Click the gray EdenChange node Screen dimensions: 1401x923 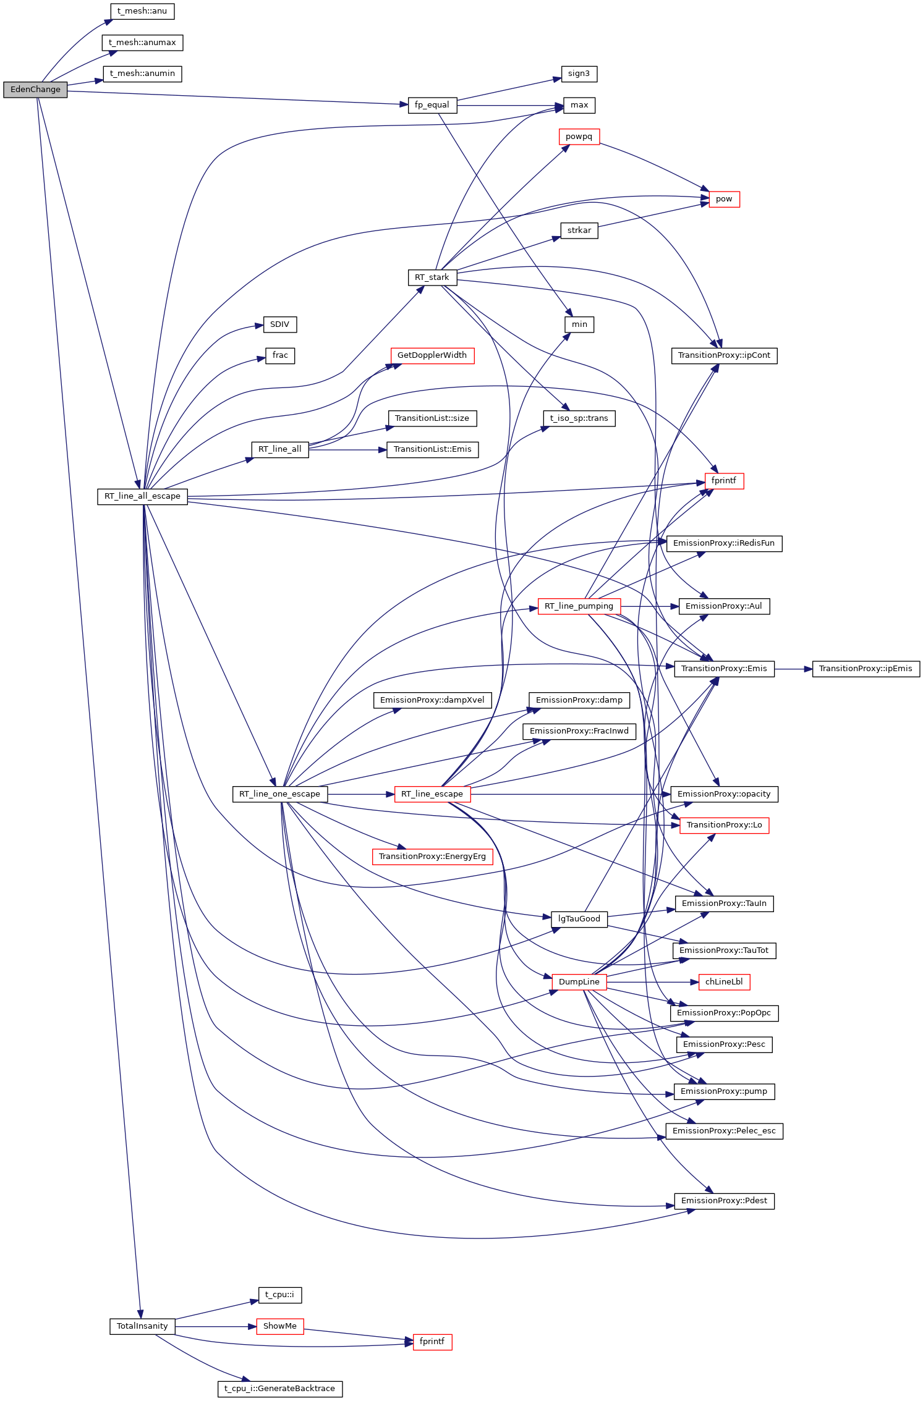click(x=35, y=90)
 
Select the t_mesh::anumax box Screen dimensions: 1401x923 click(x=142, y=43)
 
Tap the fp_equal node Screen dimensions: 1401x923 click(x=432, y=105)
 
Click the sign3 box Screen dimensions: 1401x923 click(x=579, y=74)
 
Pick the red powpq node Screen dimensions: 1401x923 click(x=579, y=137)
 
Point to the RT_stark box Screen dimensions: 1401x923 click(x=432, y=277)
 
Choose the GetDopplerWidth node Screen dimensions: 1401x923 click(x=432, y=355)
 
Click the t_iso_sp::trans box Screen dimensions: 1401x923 click(x=579, y=418)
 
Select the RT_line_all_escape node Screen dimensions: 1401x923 click(x=142, y=496)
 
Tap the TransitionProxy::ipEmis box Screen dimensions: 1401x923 click(x=866, y=669)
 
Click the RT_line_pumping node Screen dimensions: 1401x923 click(x=579, y=606)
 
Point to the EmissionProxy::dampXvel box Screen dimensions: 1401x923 click(x=432, y=700)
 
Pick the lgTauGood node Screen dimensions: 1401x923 click(x=579, y=919)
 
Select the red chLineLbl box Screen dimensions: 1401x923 click(x=724, y=982)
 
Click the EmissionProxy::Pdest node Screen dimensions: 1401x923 click(x=724, y=1201)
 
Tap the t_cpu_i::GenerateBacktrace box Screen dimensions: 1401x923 click(x=280, y=1389)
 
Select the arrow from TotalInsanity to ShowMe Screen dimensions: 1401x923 click(x=216, y=1326)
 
